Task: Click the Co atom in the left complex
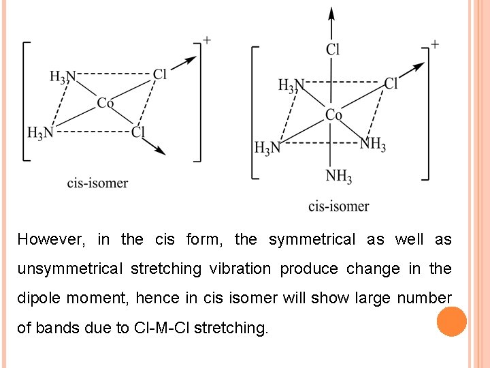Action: click(x=105, y=104)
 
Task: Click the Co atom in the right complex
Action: click(x=333, y=115)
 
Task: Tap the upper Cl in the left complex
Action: click(x=160, y=74)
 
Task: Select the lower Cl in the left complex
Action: click(x=139, y=132)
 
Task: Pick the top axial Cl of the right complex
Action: click(x=333, y=49)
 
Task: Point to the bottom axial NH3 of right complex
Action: click(x=338, y=177)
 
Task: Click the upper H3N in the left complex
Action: click(x=63, y=77)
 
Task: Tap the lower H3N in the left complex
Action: click(x=40, y=132)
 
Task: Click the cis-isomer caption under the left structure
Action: click(x=97, y=183)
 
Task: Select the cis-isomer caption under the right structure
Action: click(x=338, y=206)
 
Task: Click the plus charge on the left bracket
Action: click(x=206, y=40)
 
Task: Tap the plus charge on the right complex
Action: click(x=434, y=45)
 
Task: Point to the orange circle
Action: click(x=452, y=322)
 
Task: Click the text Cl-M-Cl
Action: click(x=161, y=328)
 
